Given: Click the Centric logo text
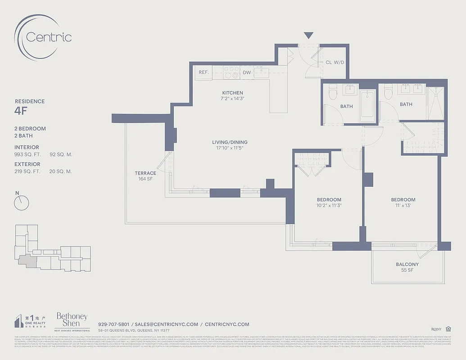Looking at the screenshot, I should [49, 37].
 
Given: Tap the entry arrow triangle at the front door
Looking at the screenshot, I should [308, 36].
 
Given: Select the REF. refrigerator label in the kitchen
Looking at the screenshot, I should [204, 72].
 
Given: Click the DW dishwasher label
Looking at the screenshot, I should [247, 72].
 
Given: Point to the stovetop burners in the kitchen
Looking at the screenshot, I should [231, 72].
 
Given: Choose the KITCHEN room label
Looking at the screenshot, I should [232, 93].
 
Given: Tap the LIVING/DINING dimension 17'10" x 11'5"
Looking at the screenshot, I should [230, 148].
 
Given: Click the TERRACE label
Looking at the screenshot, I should [145, 173].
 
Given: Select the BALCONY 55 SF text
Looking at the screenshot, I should [407, 267].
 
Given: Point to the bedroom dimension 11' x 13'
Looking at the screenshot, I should [403, 205].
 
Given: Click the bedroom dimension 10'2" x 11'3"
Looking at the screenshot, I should [329, 205].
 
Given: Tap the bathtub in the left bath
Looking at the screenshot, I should [367, 106].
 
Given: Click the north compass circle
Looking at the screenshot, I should [21, 203].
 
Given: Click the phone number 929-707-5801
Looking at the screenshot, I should [113, 324].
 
